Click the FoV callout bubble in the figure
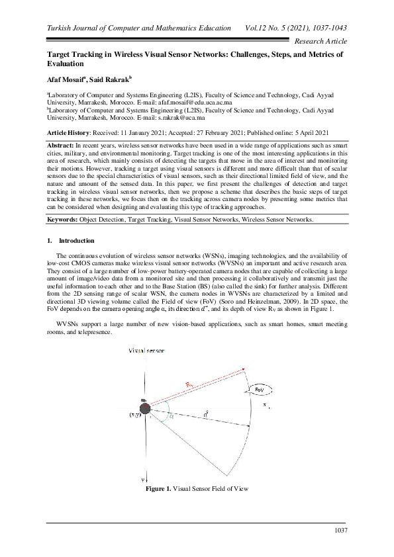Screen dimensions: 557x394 point(260,390)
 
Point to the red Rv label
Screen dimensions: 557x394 point(189,383)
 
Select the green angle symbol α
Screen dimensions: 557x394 point(170,417)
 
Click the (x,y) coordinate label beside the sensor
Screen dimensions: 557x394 point(134,415)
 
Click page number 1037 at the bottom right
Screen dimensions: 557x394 point(338,531)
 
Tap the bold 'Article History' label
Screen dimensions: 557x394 point(69,133)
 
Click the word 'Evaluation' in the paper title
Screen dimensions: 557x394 point(64,65)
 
